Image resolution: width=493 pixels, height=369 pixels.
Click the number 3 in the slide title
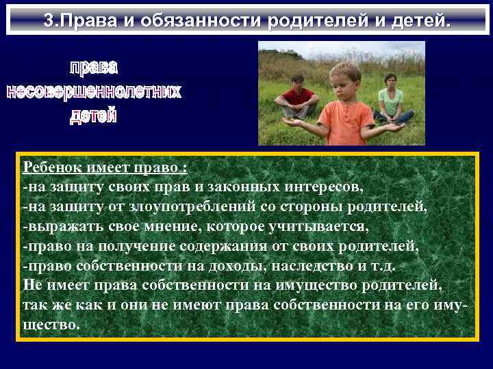48,20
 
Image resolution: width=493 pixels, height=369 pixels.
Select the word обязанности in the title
201,20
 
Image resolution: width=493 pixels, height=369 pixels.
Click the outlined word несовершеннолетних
94,92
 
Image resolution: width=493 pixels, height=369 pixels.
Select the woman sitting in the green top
391,99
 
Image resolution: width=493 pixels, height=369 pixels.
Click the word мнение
168,225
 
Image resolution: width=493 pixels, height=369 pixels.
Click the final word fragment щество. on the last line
51,325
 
